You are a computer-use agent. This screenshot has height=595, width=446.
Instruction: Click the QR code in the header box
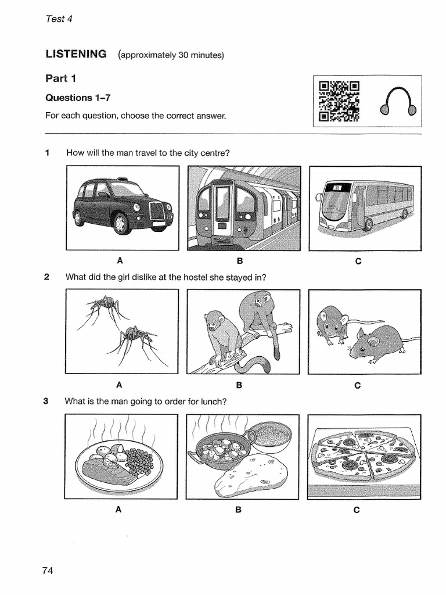click(339, 101)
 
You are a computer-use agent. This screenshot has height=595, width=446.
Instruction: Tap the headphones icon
click(397, 102)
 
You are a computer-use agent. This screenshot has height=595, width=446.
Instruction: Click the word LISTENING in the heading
click(76, 55)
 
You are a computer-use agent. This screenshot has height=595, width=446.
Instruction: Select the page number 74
click(48, 571)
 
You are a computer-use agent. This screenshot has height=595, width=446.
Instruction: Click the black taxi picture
click(123, 207)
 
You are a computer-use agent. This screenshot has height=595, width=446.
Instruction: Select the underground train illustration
click(244, 208)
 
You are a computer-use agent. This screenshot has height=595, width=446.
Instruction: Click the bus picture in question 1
click(365, 207)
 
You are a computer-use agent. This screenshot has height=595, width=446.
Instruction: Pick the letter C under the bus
click(358, 261)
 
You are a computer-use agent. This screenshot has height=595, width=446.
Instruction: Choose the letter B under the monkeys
click(239, 385)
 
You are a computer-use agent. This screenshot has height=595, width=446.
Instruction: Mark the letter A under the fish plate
click(118, 510)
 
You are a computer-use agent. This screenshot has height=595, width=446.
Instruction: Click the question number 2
click(46, 277)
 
